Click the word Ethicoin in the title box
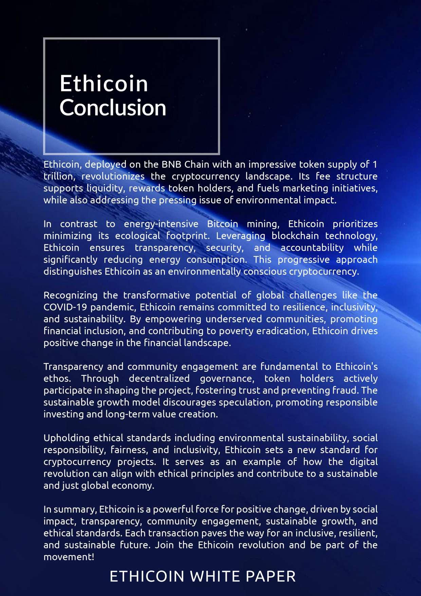tap(104, 84)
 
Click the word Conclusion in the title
tap(113, 108)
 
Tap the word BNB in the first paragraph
tap(171, 164)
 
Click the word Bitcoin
tap(222, 224)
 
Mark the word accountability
tap(312, 248)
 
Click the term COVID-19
tap(65, 307)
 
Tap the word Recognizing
tap(70, 295)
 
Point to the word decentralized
tap(159, 379)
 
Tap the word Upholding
tap(67, 438)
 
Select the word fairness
tap(130, 450)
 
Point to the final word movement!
tap(69, 557)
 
